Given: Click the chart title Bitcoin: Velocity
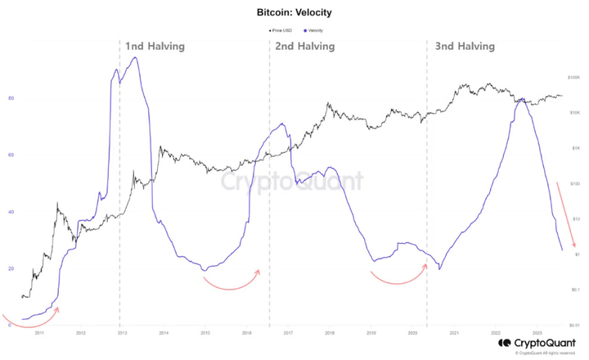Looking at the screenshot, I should click(294, 14).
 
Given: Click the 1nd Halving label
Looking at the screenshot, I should click(155, 47).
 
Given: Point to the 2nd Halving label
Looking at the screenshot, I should click(304, 47).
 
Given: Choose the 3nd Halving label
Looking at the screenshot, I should click(465, 47).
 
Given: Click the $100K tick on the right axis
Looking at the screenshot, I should click(574, 77).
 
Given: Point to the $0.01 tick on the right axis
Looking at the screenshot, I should click(574, 325).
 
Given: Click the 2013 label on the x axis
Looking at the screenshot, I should click(122, 334).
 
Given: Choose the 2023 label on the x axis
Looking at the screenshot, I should click(537, 334).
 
